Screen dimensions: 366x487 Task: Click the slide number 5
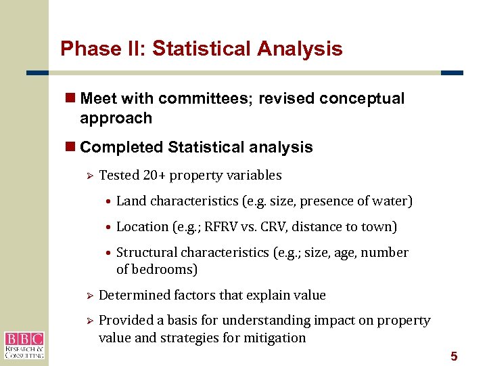click(454, 357)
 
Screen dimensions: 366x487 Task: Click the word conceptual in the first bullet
click(362, 99)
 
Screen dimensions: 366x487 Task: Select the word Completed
click(122, 147)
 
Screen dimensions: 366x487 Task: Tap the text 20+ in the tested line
click(154, 176)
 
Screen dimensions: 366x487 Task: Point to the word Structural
click(144, 253)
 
